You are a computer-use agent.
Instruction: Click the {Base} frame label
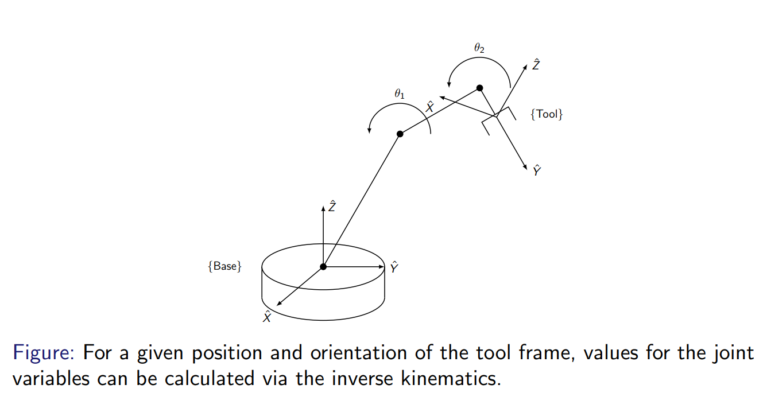[224, 266]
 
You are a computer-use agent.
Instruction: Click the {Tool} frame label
[547, 114]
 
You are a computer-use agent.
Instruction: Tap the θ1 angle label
[400, 94]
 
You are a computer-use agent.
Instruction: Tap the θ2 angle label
[479, 49]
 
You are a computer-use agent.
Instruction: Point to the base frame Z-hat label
[332, 207]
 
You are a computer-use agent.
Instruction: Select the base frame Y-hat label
[394, 267]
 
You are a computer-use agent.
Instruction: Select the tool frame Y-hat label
[537, 170]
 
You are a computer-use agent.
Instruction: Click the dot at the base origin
[323, 267]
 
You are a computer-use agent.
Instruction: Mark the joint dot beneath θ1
[400, 134]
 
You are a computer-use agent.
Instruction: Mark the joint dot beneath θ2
[480, 88]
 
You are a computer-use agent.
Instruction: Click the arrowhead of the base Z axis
[323, 209]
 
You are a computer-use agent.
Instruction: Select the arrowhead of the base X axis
[279, 304]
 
